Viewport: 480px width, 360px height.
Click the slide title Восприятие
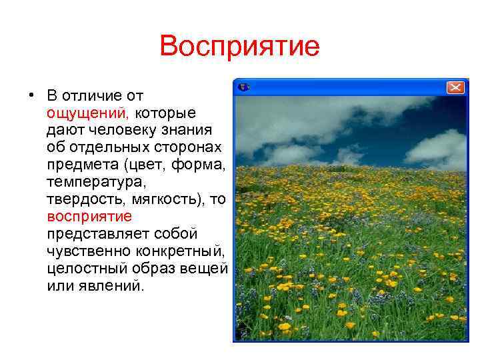click(240, 47)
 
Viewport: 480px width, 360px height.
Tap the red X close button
click(455, 87)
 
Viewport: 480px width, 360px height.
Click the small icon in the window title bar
click(244, 87)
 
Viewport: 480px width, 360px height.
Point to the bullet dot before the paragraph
click(31, 94)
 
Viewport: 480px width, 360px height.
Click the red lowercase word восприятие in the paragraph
click(89, 217)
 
